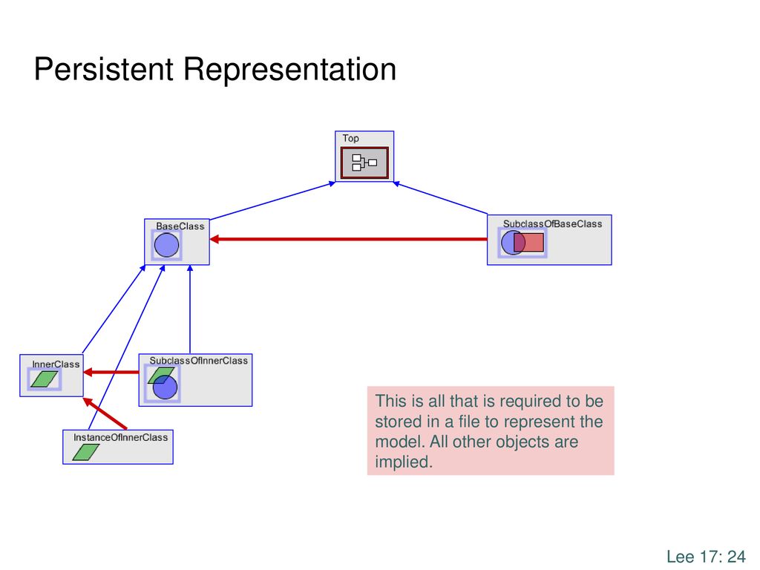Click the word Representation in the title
pyautogui.click(x=290, y=70)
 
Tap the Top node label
pyautogui.click(x=350, y=139)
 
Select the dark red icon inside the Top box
pyautogui.click(x=364, y=163)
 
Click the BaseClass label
pyautogui.click(x=180, y=226)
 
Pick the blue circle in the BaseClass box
pyautogui.click(x=166, y=245)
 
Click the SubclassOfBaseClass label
pyautogui.click(x=552, y=224)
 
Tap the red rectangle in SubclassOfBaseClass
pyautogui.click(x=528, y=243)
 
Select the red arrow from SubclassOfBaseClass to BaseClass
pyautogui.click(x=349, y=239)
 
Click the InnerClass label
pyautogui.click(x=56, y=364)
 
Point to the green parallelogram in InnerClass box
pyautogui.click(x=44, y=379)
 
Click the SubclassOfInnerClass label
pyautogui.click(x=198, y=361)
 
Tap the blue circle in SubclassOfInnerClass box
pyautogui.click(x=166, y=387)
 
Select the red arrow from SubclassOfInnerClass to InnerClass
pyautogui.click(x=111, y=373)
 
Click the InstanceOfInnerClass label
pyautogui.click(x=121, y=437)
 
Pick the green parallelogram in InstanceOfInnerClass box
pyautogui.click(x=86, y=452)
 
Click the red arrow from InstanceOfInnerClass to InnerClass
pyautogui.click(x=105, y=413)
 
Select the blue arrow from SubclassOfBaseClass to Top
pyautogui.click(x=440, y=197)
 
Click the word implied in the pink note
pyautogui.click(x=404, y=462)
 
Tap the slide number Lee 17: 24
pyautogui.click(x=706, y=557)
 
